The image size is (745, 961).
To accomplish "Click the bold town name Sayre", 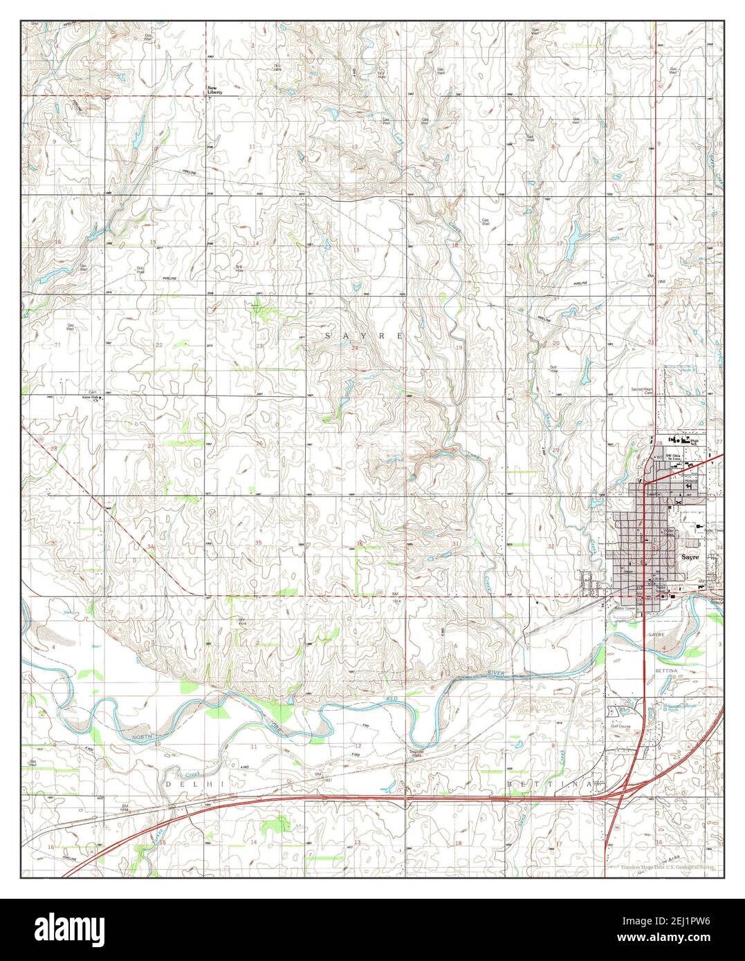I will (690, 556).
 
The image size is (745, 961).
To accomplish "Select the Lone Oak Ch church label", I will (91, 399).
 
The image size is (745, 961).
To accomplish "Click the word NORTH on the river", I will (142, 739).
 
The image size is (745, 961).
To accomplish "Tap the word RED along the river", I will (392, 701).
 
